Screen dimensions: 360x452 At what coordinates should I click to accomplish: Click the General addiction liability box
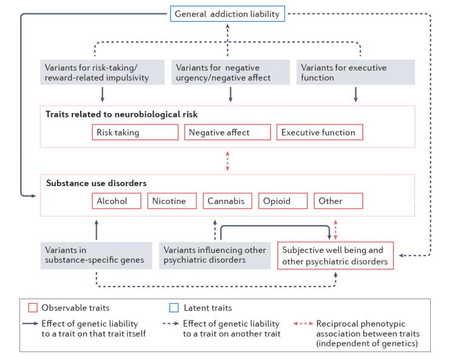[x=227, y=14]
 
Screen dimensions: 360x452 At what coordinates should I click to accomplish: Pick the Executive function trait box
[x=320, y=132]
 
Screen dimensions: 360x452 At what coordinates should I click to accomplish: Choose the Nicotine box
[x=172, y=201]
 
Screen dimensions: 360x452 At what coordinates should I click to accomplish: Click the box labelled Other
[x=338, y=201]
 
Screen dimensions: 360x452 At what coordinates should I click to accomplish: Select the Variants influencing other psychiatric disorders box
[x=215, y=255]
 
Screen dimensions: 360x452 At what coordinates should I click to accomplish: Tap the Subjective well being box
[x=335, y=255]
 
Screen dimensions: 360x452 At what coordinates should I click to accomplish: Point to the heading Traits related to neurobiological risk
[x=122, y=114]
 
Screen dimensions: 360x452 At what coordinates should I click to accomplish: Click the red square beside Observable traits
[x=34, y=308]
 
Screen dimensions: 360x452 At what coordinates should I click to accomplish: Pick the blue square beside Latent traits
[x=172, y=308]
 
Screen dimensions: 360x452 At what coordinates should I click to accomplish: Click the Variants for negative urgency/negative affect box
[x=230, y=72]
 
